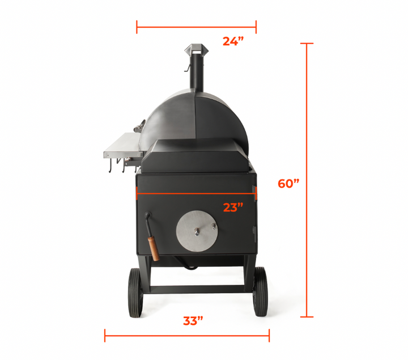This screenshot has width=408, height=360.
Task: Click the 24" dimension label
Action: point(232,41)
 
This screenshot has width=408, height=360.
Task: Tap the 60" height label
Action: point(288,184)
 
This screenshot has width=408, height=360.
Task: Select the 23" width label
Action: point(232,207)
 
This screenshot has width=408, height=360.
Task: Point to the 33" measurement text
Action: point(193,321)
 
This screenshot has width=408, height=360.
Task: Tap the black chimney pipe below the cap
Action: point(197,74)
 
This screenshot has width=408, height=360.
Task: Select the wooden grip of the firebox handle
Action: point(153,248)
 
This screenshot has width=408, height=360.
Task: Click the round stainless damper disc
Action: point(195,232)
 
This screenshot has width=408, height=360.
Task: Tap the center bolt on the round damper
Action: point(195,232)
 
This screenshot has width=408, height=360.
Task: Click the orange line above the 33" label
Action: point(187,335)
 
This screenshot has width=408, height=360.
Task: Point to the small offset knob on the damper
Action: point(214,225)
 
